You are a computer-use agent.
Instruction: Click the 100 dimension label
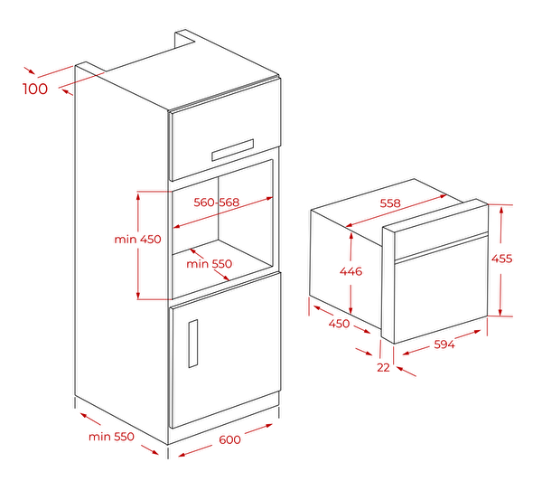35,89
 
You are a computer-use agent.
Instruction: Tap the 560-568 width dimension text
217,203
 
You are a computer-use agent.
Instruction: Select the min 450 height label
137,239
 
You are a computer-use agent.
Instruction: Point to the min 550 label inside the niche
210,264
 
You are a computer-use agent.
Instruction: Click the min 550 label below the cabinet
111,437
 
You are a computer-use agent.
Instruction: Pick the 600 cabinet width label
229,439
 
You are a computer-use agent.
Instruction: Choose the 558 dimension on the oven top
390,203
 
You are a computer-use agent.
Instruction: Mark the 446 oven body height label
350,271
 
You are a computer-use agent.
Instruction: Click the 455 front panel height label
501,259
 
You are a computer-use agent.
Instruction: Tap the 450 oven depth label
339,324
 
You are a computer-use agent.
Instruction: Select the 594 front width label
444,344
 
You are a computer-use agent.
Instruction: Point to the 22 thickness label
383,367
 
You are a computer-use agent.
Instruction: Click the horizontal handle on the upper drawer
233,150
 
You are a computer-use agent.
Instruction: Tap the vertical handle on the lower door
193,344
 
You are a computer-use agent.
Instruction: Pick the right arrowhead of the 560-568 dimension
269,199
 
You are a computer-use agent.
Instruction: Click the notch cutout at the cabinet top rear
185,39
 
